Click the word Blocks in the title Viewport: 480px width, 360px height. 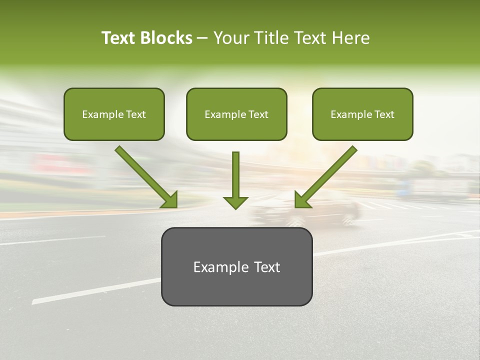(x=166, y=38)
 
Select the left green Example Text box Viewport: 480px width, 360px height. (x=114, y=114)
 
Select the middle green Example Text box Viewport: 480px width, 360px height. (x=236, y=114)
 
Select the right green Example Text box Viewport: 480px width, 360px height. (x=362, y=114)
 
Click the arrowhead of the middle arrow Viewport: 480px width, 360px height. (x=235, y=202)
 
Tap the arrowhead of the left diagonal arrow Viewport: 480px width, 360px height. (x=170, y=200)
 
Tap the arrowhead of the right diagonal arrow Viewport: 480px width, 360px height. (x=302, y=200)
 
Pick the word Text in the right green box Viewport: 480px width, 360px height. (x=384, y=114)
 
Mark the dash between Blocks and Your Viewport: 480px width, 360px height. (x=202, y=38)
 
